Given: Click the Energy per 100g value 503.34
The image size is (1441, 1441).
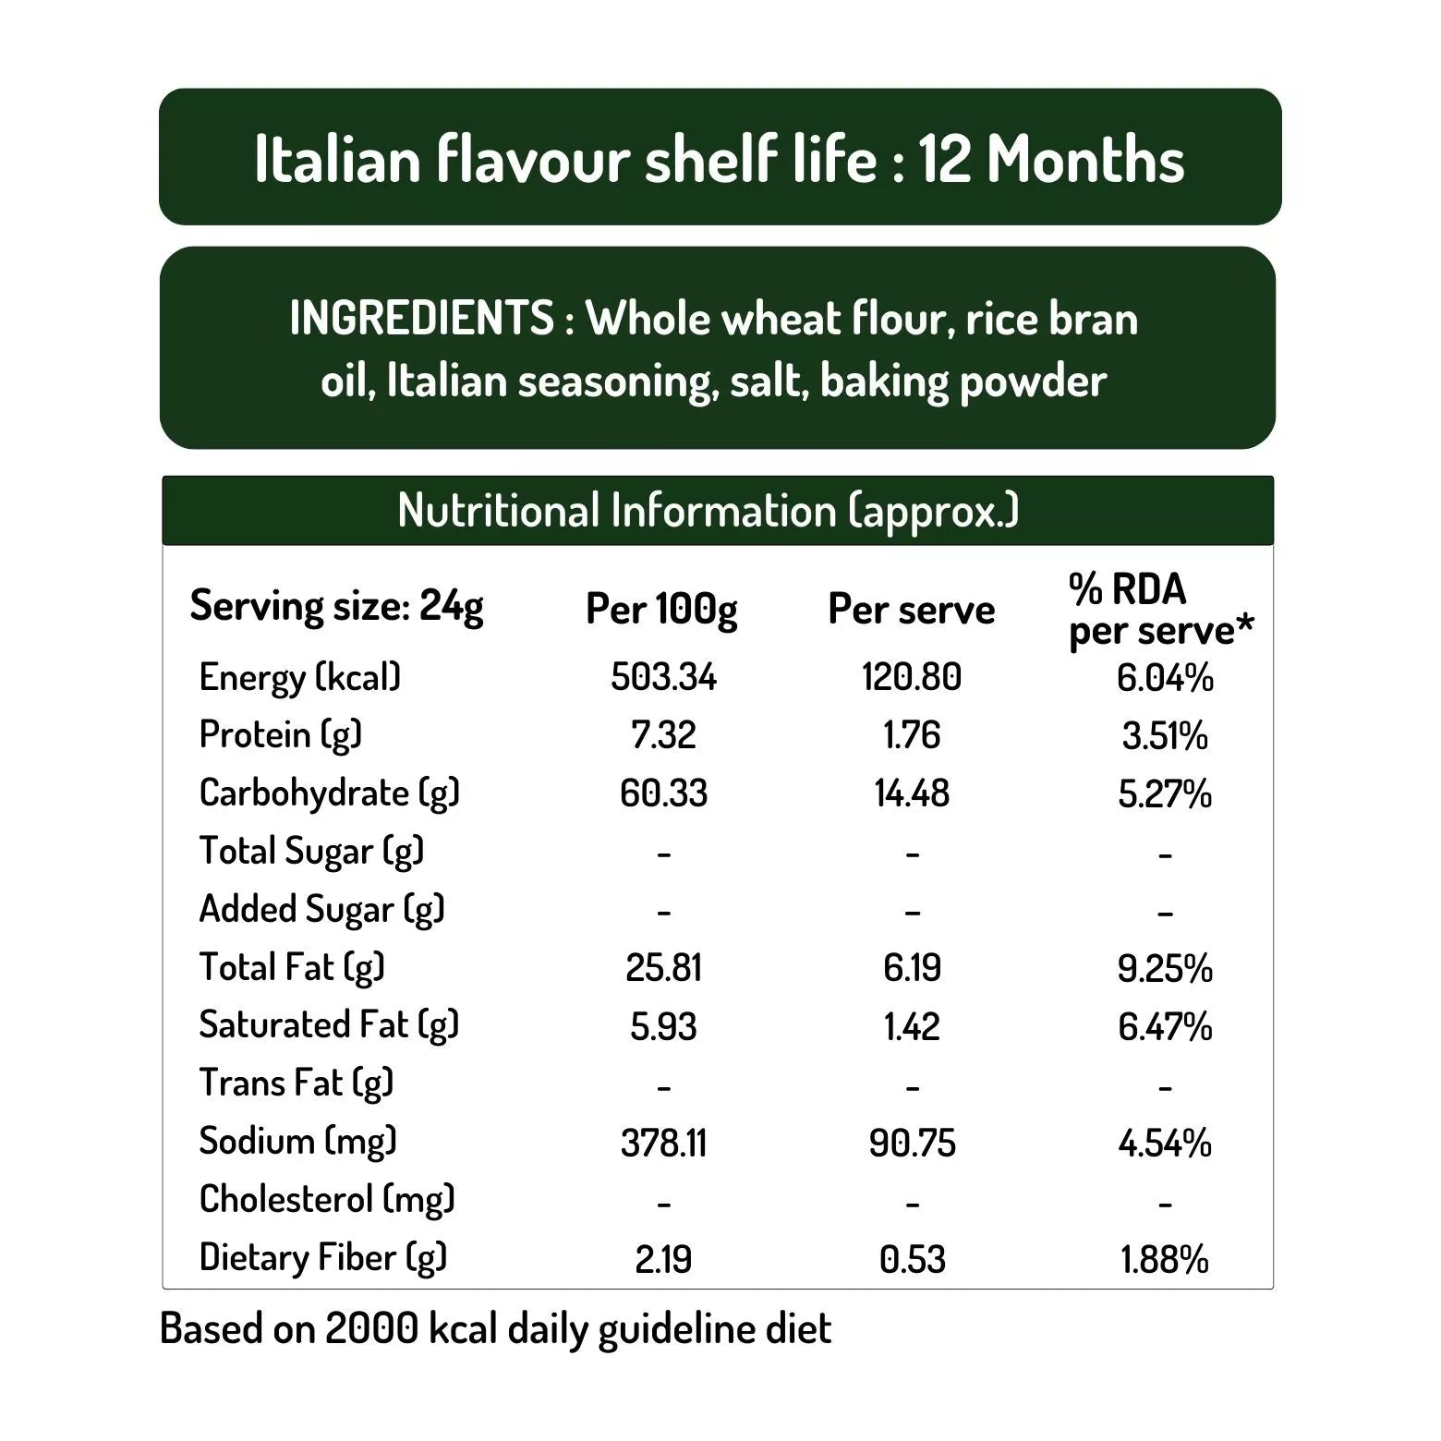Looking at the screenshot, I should [663, 677].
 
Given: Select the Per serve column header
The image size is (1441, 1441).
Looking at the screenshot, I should [911, 610].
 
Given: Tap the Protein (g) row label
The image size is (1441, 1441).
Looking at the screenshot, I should [280, 735].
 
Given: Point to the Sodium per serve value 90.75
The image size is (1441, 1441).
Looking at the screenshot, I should [912, 1144].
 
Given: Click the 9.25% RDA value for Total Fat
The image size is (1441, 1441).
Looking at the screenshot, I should [1164, 969].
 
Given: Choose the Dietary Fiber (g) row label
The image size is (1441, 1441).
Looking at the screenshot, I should [322, 1258].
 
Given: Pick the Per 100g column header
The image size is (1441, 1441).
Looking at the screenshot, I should [661, 610].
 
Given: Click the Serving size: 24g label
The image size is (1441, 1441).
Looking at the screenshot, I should [336, 607].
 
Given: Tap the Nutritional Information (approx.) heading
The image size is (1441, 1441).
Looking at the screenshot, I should [708, 511].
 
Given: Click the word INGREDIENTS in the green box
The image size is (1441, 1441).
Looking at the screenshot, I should [421, 319].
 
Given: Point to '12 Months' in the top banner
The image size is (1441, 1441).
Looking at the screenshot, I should [1051, 159].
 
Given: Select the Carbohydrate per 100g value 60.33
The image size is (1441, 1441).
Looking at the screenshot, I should [663, 793].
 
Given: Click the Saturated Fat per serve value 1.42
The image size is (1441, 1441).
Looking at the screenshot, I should [912, 1027].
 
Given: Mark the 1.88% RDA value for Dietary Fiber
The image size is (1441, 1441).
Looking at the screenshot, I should [1164, 1260].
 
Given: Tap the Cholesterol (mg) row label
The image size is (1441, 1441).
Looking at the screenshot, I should [327, 1200].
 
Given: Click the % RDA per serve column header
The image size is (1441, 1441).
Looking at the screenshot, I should [1160, 610].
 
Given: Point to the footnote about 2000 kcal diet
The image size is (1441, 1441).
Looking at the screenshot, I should [495, 1329].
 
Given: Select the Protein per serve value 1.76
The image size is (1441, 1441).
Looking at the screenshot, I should [912, 736].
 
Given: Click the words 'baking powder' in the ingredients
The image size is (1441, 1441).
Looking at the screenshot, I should [963, 381].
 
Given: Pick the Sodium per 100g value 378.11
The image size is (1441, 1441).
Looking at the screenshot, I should [663, 1144].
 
